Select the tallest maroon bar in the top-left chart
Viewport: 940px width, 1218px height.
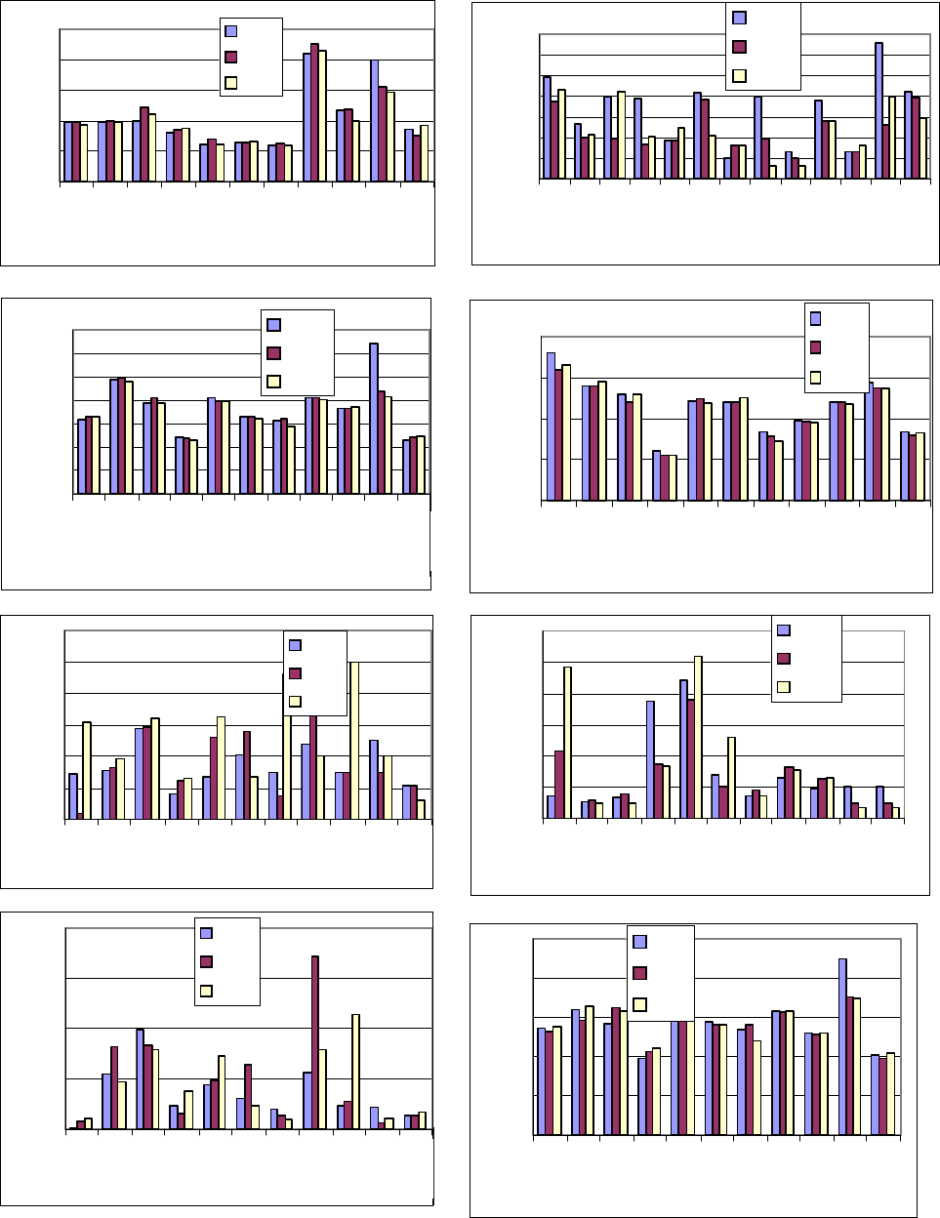coord(314,112)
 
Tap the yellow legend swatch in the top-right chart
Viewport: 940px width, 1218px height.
coord(739,76)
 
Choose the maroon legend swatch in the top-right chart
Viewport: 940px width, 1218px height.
coord(739,46)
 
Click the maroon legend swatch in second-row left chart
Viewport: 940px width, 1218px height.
coord(273,352)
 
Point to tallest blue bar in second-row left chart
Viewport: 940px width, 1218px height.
coord(373,419)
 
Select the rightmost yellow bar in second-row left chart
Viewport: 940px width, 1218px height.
coord(421,466)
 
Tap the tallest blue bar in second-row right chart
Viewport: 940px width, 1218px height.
coord(551,426)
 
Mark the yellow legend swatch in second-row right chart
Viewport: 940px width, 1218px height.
coord(815,377)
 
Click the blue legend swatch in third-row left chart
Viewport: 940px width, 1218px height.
coord(296,644)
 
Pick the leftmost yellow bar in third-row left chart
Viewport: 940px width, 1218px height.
coord(87,770)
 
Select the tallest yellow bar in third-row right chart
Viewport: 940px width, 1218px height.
coord(697,737)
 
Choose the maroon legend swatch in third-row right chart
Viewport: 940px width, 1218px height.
coord(783,658)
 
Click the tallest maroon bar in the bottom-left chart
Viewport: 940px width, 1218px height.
coord(315,1042)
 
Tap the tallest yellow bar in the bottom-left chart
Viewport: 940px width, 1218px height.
coord(356,1072)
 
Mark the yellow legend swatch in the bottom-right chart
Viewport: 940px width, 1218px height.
coord(640,1004)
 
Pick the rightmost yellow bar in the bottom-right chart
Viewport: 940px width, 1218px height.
coord(890,1093)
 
